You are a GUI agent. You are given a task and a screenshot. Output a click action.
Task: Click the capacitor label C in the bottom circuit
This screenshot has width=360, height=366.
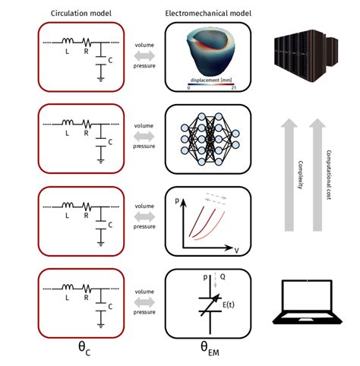(112, 306)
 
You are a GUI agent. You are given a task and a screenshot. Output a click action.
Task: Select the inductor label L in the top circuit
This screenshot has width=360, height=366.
(66, 52)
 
